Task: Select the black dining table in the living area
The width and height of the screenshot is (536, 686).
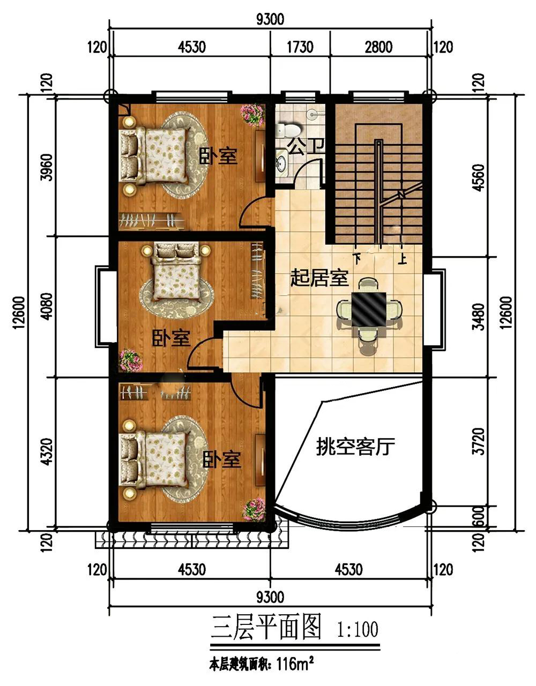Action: [x=369, y=309]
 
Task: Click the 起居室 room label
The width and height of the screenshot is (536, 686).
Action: [x=319, y=278]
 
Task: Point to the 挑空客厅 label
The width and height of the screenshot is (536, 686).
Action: [x=356, y=446]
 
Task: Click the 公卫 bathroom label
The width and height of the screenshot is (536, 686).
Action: [x=306, y=147]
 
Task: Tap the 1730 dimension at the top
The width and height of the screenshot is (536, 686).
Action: [x=300, y=47]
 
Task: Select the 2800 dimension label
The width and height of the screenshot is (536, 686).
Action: [x=378, y=47]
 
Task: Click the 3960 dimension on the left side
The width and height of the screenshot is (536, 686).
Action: [x=47, y=167]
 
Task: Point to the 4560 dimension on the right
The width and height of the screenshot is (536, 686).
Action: [x=479, y=177]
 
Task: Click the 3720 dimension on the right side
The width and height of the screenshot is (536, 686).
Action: [x=479, y=441]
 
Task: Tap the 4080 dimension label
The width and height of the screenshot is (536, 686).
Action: [x=47, y=306]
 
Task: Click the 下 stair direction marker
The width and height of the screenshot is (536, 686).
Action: [x=357, y=259]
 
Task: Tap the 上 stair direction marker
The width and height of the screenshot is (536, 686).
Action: [x=402, y=259]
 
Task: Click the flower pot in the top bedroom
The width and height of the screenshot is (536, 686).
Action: [x=252, y=115]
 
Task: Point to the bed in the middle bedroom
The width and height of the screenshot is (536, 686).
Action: [x=176, y=270]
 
